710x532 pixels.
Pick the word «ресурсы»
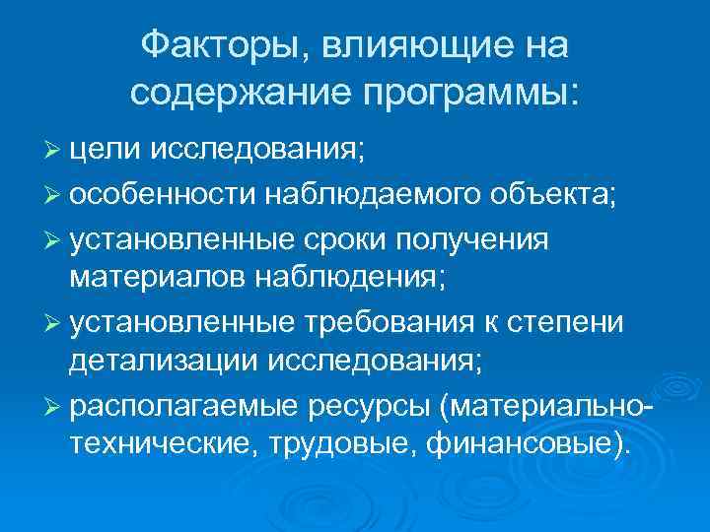(x=357, y=406)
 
